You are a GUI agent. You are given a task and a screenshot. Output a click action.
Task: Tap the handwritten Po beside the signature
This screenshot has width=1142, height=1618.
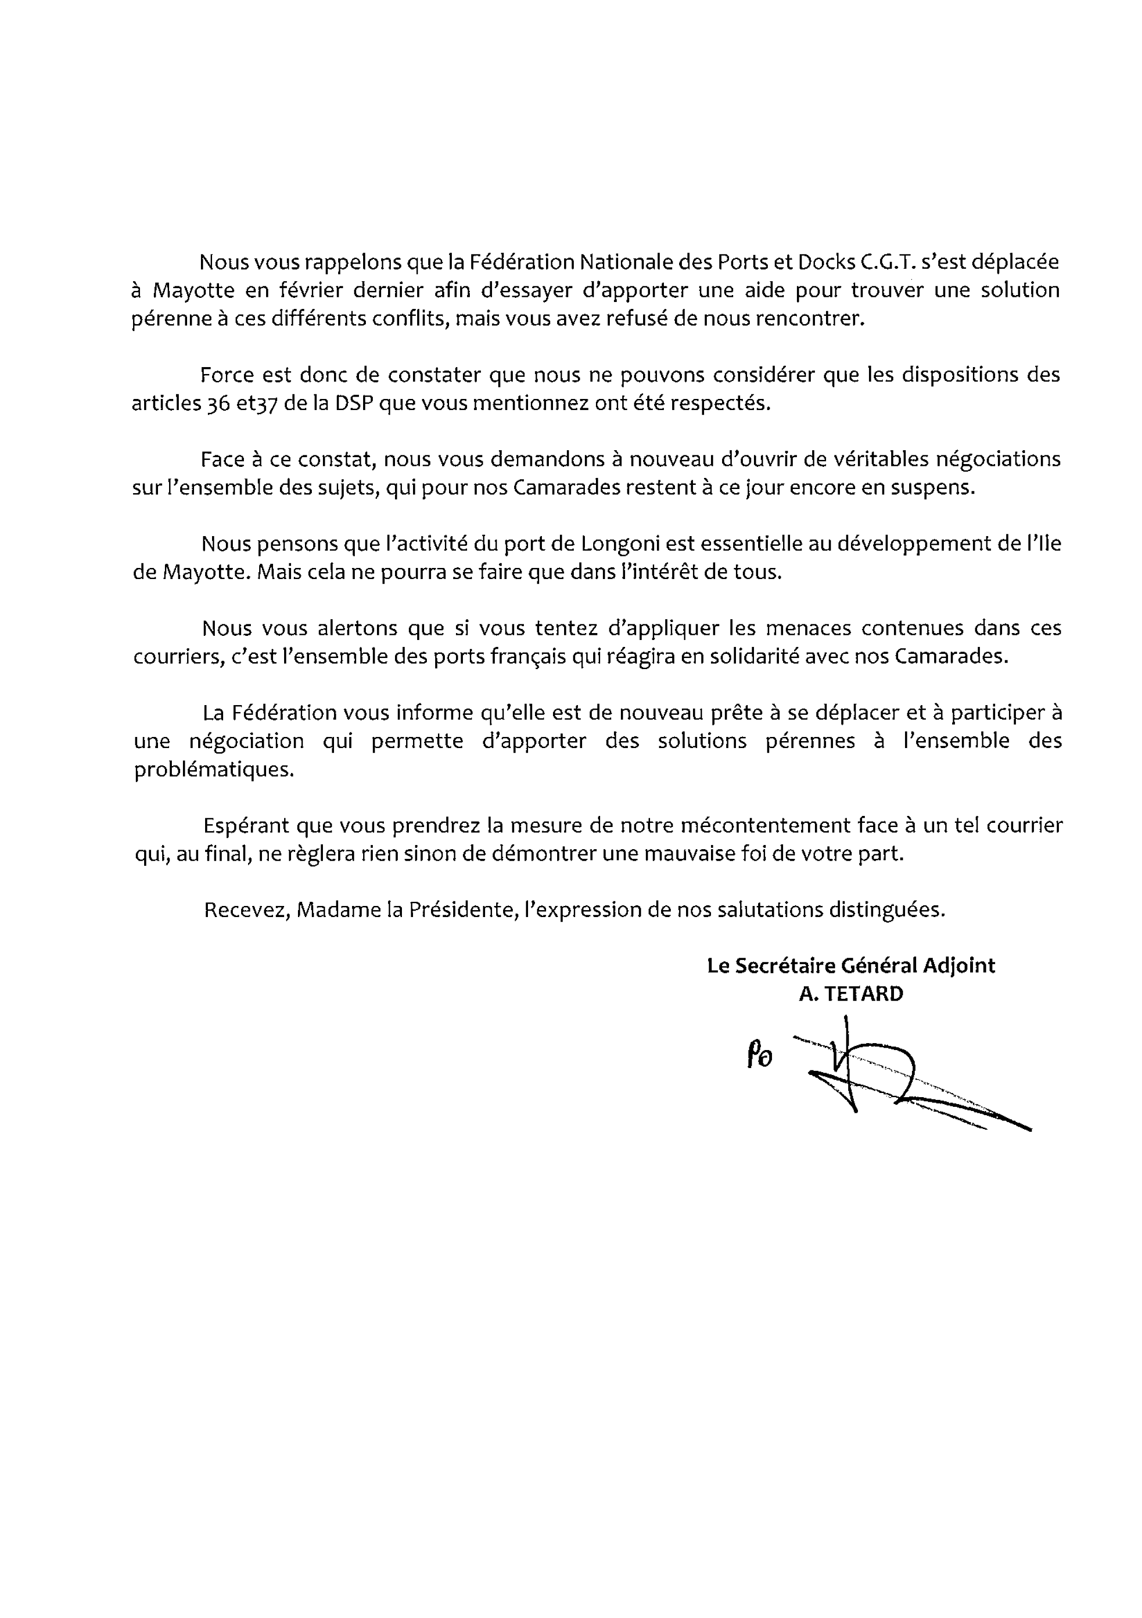pos(759,1057)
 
